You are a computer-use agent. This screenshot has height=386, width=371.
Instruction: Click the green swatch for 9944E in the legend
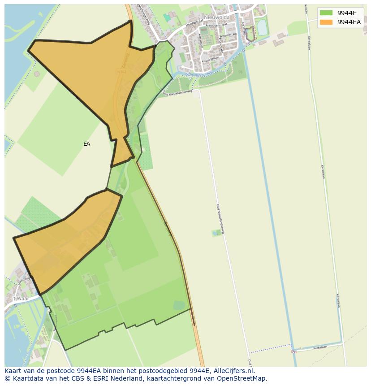[x=326, y=13]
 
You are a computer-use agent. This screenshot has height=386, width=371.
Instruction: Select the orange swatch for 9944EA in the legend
[x=326, y=22]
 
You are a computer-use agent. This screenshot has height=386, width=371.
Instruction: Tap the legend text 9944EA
[x=349, y=22]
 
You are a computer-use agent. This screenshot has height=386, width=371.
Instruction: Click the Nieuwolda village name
[x=216, y=17]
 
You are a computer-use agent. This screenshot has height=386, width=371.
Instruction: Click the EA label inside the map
[x=86, y=144]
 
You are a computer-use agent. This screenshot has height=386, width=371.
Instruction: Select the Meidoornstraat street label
[x=220, y=25]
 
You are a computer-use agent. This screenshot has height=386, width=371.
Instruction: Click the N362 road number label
[x=121, y=71]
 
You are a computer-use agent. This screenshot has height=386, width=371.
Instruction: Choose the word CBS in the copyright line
[x=74, y=378]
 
